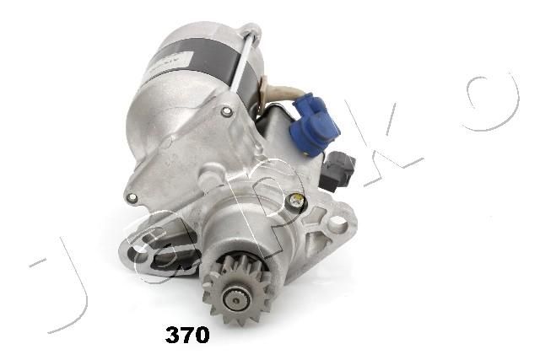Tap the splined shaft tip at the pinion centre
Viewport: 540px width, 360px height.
(235, 300)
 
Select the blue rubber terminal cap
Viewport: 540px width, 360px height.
(313, 124)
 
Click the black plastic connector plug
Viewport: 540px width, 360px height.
(337, 170)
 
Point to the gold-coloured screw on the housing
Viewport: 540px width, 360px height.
(295, 199)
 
